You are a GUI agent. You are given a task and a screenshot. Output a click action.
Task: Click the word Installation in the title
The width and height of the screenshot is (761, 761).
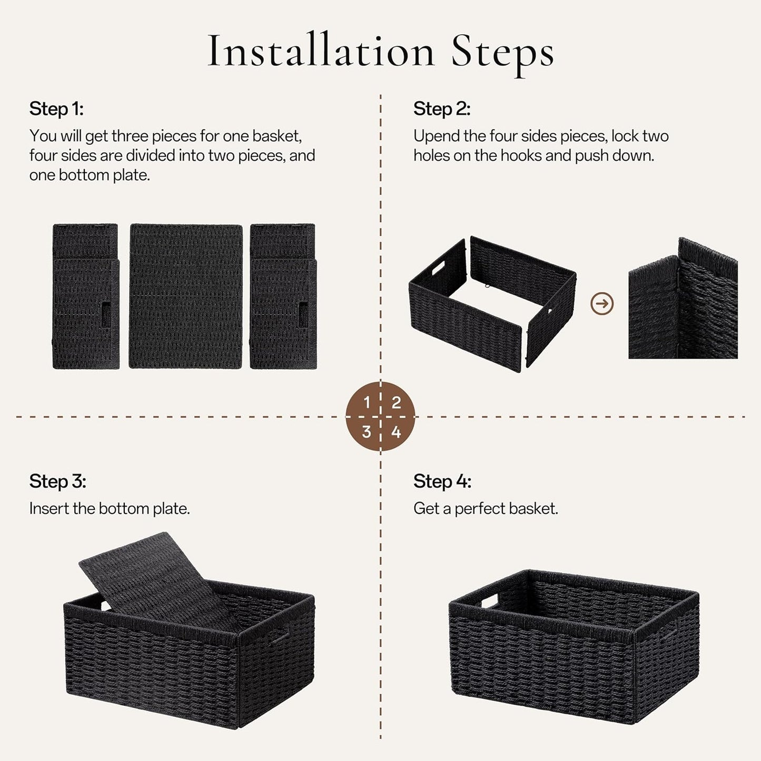pyautogui.click(x=321, y=51)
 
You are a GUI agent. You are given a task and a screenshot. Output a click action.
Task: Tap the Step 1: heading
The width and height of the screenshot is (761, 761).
pyautogui.click(x=56, y=109)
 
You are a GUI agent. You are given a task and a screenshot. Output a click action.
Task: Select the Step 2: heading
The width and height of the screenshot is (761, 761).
pyautogui.click(x=441, y=109)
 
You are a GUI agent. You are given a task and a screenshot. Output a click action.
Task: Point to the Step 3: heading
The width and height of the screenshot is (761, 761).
pyautogui.click(x=57, y=481)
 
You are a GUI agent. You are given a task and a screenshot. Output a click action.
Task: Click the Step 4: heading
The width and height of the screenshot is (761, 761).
pyautogui.click(x=442, y=481)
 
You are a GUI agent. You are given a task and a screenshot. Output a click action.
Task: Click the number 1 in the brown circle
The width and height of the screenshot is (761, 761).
pyautogui.click(x=367, y=403)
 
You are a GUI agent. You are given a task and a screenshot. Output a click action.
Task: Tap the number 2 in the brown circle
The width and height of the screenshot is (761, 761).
pyautogui.click(x=396, y=403)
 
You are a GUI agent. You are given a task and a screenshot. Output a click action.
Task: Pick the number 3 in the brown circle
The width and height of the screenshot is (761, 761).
pyautogui.click(x=367, y=432)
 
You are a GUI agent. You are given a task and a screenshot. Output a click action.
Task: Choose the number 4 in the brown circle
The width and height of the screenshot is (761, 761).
pyautogui.click(x=396, y=432)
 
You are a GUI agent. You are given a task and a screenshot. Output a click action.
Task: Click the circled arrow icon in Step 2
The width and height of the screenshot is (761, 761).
pyautogui.click(x=602, y=303)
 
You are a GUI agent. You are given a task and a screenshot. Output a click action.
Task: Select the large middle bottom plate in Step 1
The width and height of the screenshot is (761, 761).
pyautogui.click(x=186, y=296)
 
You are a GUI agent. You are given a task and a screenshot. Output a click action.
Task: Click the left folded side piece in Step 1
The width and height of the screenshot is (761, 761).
pyautogui.click(x=86, y=296)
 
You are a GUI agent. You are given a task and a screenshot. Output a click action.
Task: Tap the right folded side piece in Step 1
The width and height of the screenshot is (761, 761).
pyautogui.click(x=283, y=296)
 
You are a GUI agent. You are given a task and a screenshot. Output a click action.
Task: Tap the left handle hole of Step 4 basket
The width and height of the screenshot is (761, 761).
pyautogui.click(x=488, y=601)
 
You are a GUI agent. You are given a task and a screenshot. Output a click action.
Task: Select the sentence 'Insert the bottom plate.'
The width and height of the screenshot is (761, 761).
pyautogui.click(x=110, y=509)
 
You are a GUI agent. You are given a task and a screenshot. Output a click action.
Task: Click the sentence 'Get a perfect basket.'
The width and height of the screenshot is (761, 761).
pyautogui.click(x=485, y=509)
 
